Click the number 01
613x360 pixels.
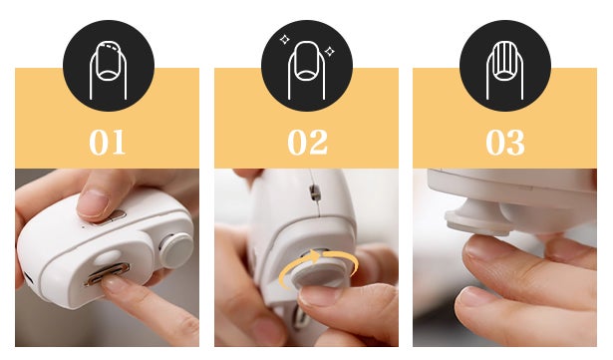[108, 142]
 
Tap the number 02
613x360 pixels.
[307, 142]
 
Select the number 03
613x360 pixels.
[505, 142]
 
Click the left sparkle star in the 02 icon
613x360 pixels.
[285, 40]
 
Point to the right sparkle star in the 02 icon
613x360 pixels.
[330, 51]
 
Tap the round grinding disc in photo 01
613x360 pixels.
[176, 250]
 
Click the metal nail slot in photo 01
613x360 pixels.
[109, 273]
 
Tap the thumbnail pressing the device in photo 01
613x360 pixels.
[93, 202]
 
